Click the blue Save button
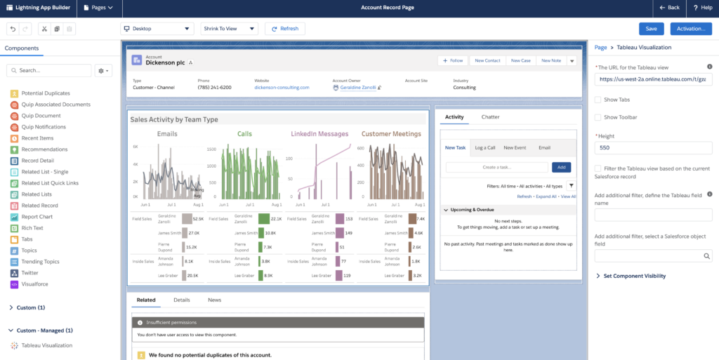[x=651, y=29]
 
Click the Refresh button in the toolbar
[x=284, y=29]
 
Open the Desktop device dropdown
[x=157, y=29]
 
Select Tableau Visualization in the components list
[x=46, y=345]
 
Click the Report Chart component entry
[x=37, y=217]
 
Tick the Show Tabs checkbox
[x=598, y=100]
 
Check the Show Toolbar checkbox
[x=598, y=117]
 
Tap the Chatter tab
[x=490, y=117]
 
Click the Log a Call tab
[x=484, y=147]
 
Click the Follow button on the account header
[x=452, y=60]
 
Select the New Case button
[x=520, y=60]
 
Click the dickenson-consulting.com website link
[x=282, y=88]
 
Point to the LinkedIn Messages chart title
[x=319, y=133]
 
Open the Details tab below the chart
[x=182, y=300]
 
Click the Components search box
[x=49, y=71]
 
